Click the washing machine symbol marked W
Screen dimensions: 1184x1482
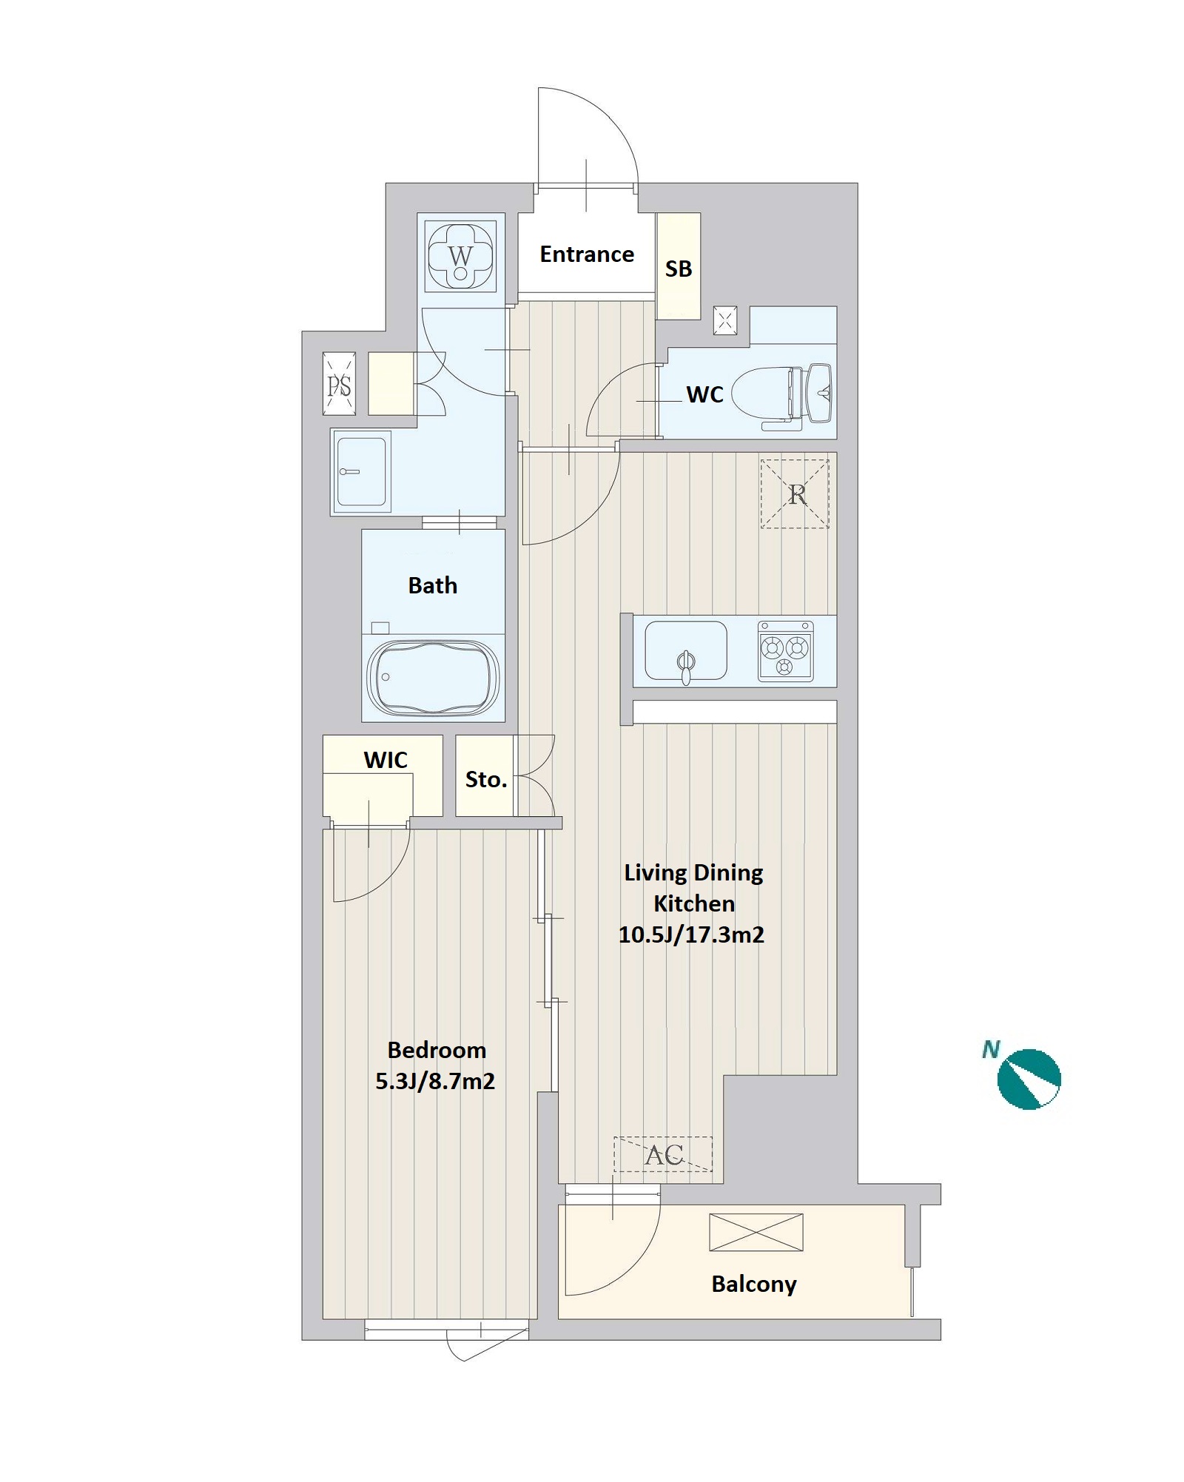[460, 256]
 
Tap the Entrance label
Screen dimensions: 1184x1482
[587, 255]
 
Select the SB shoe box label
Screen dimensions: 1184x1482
[679, 269]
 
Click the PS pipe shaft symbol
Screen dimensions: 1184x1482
[340, 384]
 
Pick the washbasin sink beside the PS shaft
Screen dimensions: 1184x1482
[361, 472]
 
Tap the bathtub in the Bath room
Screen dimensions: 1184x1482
[433, 678]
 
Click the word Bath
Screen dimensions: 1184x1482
[433, 586]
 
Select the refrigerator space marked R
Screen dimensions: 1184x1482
[795, 494]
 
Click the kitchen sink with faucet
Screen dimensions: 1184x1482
[686, 651]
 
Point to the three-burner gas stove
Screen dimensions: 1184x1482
[785, 651]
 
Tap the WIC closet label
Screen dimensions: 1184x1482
[386, 760]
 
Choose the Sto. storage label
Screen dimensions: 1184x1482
[485, 779]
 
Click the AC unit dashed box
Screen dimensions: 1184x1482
[663, 1154]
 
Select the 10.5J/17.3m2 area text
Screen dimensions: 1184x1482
[691, 934]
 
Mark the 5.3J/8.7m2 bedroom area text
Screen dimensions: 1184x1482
[435, 1081]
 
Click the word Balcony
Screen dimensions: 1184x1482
[754, 1284]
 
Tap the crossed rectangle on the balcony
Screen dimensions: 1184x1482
[756, 1232]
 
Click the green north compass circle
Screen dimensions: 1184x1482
[1029, 1079]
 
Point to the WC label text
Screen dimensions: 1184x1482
[704, 394]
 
